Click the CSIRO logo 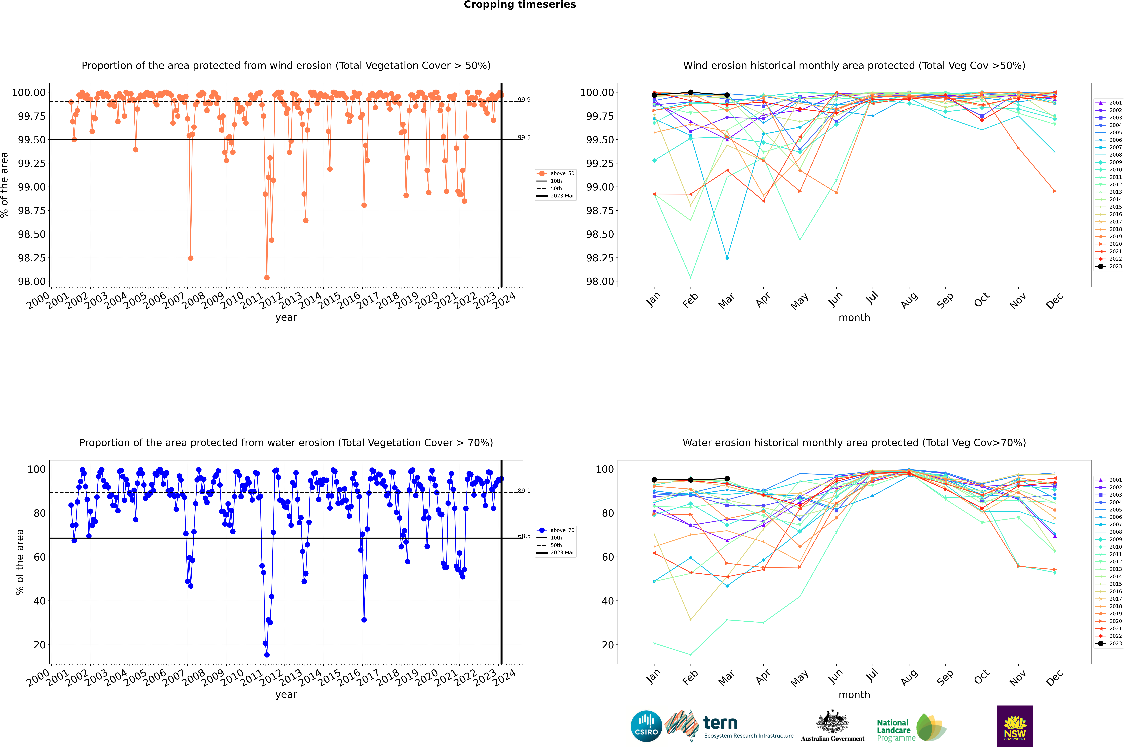point(646,726)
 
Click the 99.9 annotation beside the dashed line point(524,100)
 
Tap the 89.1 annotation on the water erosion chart point(524,491)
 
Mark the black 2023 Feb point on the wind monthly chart point(690,92)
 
